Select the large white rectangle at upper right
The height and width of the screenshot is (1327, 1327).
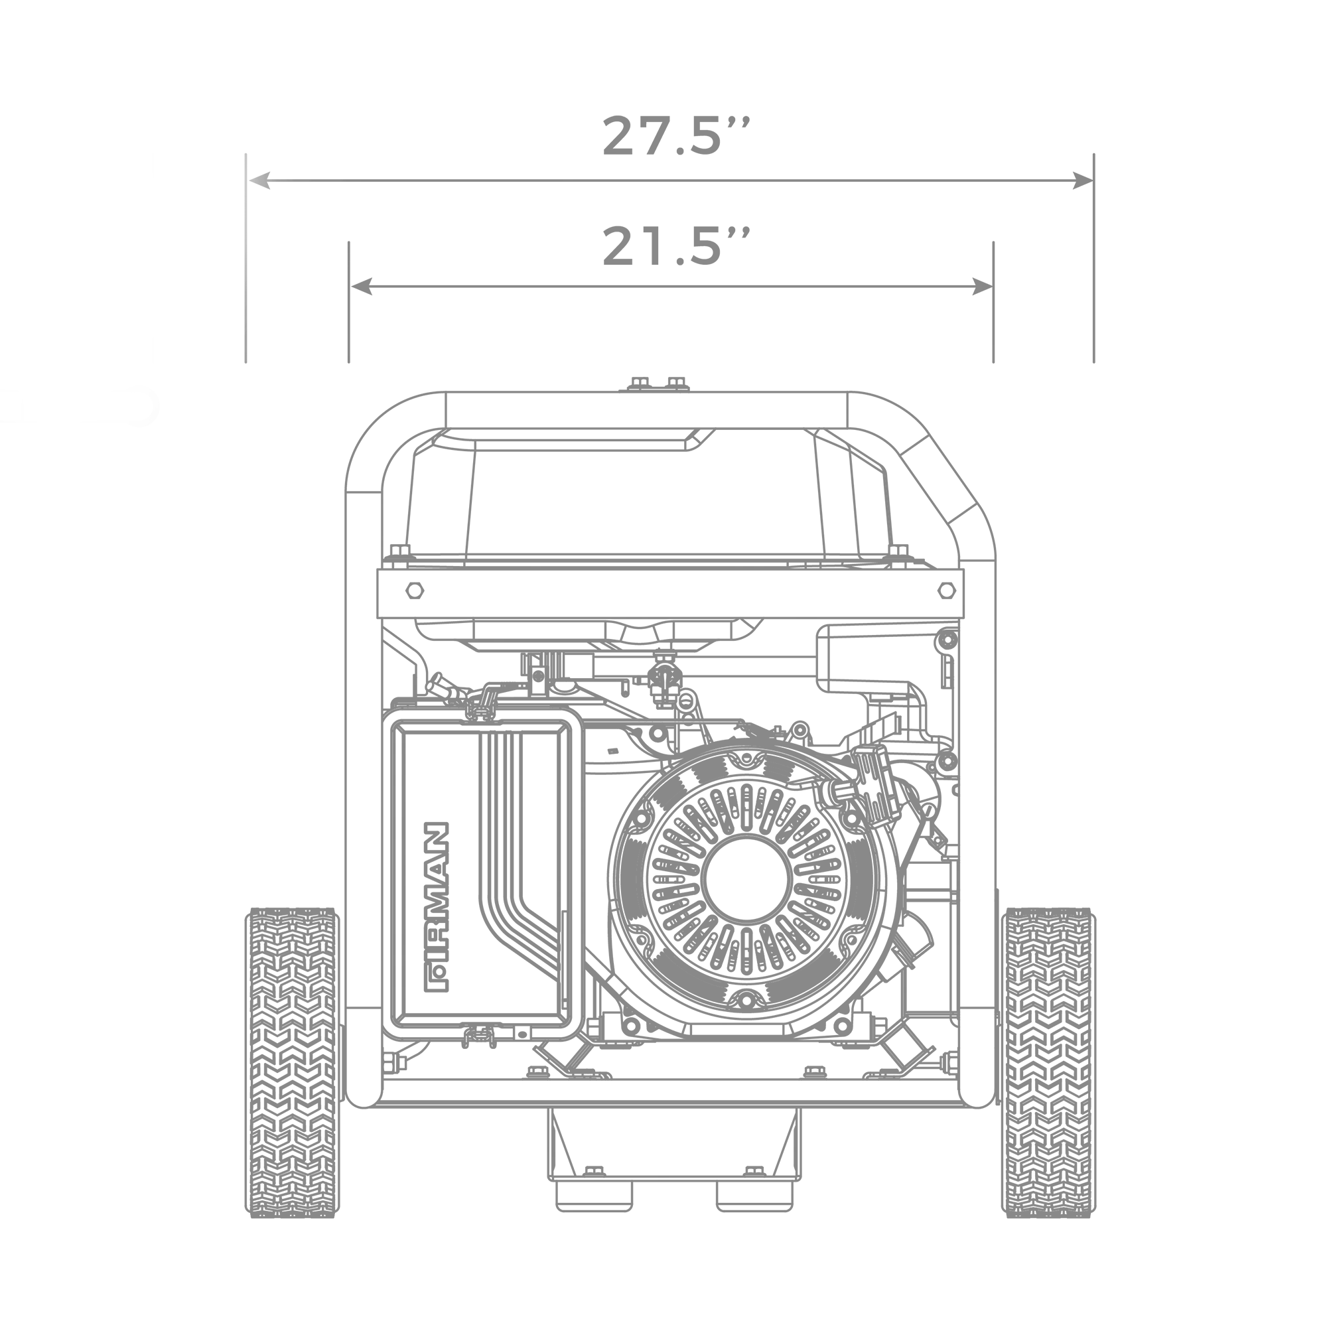(1212, 257)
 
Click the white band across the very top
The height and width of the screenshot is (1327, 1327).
(663, 55)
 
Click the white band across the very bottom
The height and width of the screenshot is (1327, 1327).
(663, 1277)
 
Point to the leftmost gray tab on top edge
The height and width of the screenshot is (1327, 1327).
(619, 114)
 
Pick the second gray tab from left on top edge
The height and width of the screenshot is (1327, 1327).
(656, 114)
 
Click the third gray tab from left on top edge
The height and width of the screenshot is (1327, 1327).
(706, 114)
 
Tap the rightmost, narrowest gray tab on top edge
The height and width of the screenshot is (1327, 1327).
(746, 114)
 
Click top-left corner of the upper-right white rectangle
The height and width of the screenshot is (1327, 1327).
(1099, 149)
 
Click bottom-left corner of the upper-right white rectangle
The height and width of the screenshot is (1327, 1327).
(1099, 365)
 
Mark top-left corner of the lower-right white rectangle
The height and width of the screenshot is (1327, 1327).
(1099, 914)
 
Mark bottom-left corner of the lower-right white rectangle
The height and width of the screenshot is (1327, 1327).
(1099, 1214)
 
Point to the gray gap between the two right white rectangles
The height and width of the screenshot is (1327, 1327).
(1212, 639)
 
